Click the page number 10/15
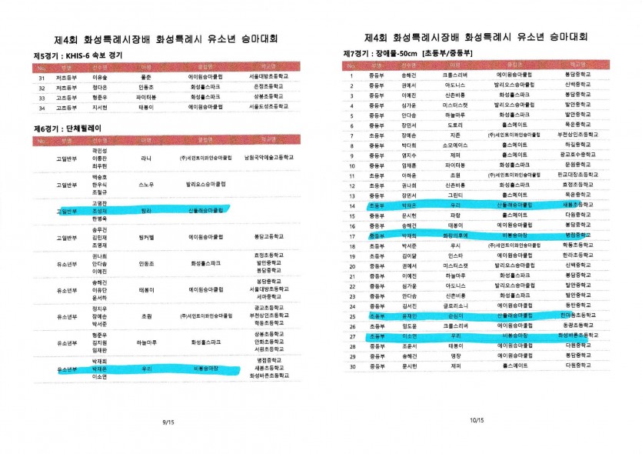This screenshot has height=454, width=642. coord(477,420)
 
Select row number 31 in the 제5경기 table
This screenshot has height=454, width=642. coord(42,78)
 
